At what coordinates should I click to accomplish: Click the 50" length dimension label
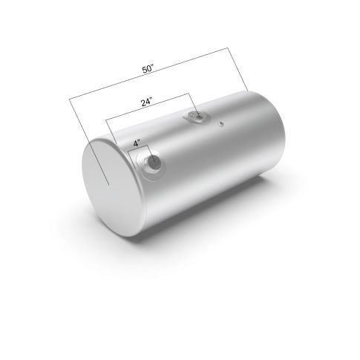148,68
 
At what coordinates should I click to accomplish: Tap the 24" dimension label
146,102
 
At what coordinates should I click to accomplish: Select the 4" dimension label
137,143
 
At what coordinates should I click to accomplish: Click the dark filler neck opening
154,163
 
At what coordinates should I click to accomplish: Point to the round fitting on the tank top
199,117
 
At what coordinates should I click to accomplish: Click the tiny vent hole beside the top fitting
221,124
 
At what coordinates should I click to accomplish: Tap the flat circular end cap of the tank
110,186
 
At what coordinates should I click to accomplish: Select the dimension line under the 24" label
147,107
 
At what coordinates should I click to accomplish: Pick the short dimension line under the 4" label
137,148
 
